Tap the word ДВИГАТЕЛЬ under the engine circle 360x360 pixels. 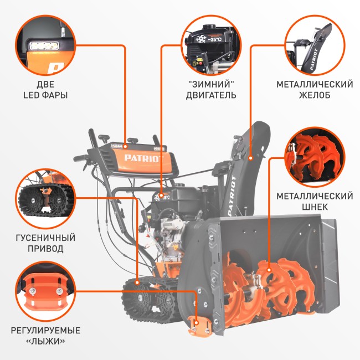click(211, 95)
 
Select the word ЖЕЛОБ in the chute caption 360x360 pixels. click(315, 95)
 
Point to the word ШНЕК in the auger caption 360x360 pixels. click(315, 207)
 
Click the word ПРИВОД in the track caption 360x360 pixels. click(45, 249)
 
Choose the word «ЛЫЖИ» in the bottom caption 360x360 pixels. click(45, 341)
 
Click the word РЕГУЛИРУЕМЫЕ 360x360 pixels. click(45, 331)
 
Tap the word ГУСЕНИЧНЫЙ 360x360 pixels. click(45, 238)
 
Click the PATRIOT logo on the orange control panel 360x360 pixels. click(144, 158)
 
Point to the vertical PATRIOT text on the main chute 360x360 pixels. click(232, 196)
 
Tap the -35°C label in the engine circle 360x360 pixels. click(215, 39)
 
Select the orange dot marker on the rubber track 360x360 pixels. click(137, 282)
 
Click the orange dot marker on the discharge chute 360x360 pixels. click(250, 158)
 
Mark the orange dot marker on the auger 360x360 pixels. click(269, 270)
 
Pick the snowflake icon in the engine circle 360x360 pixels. click(201, 39)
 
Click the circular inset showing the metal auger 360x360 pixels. click(315, 157)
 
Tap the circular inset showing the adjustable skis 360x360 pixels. click(45, 291)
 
